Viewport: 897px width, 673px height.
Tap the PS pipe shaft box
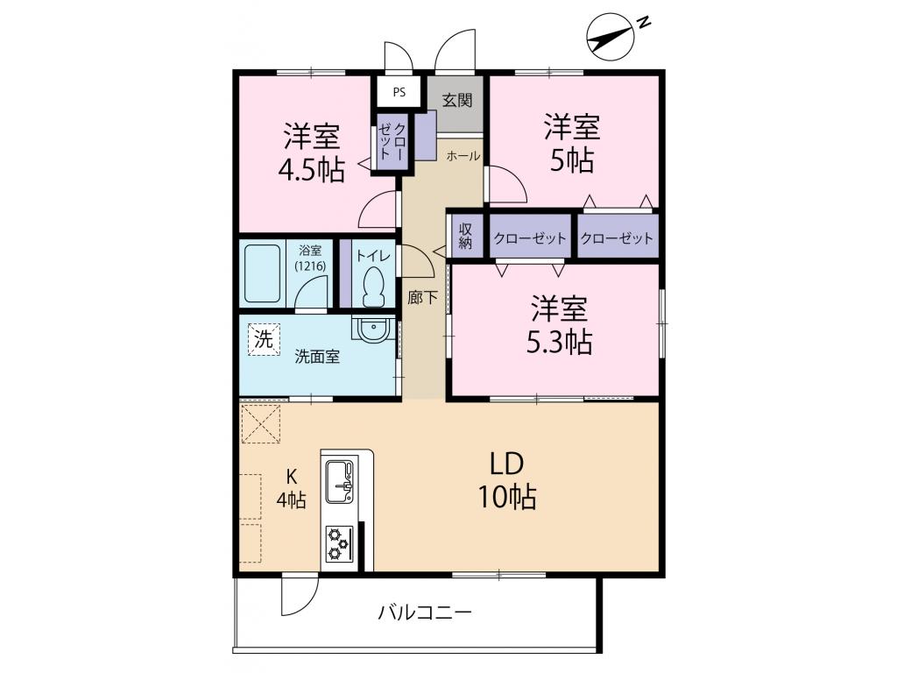[x=399, y=91]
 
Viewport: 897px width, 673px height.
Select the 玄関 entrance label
[x=456, y=99]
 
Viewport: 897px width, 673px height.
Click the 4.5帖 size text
[x=311, y=170]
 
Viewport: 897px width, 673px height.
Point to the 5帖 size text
[x=573, y=160]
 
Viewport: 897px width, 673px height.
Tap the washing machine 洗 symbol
[x=264, y=340]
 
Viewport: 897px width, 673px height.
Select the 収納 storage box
[x=465, y=235]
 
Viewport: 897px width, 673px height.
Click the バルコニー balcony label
[x=425, y=612]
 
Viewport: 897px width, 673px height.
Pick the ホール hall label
[x=463, y=157]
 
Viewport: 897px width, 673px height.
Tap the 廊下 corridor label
[x=422, y=297]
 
